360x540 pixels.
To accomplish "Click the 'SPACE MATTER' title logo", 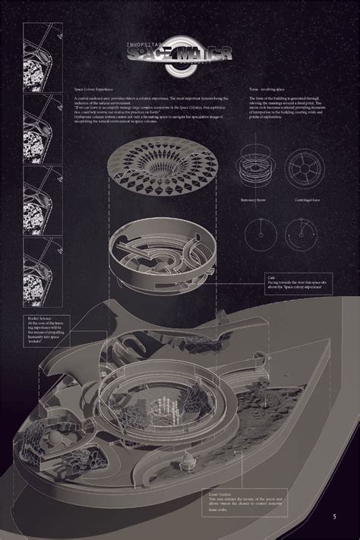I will [x=180, y=54].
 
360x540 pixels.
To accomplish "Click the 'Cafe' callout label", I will [x=271, y=279].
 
